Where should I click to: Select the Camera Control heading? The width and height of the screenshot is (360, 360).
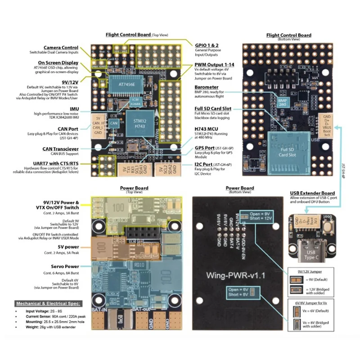(61, 48)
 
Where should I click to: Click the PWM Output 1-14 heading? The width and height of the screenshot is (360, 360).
(215, 65)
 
